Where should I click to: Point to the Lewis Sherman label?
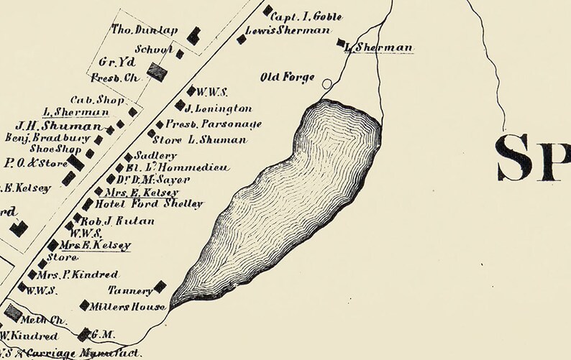pos(287,31)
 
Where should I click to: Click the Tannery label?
pos(129,291)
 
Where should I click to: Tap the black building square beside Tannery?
pos(160,287)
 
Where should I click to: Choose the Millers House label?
pos(128,307)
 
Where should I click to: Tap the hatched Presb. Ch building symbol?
pos(157,70)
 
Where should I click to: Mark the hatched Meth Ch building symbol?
pos(13,313)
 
